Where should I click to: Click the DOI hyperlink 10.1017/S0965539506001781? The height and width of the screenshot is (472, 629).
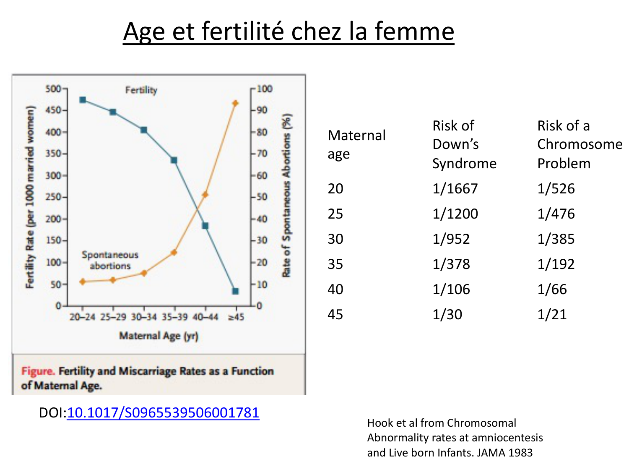coord(163,413)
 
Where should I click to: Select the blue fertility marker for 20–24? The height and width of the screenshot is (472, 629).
coord(83,100)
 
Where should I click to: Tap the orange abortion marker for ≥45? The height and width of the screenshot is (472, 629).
coord(236,103)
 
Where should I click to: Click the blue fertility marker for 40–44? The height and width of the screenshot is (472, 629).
coord(205,226)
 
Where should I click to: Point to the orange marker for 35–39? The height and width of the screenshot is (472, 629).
coord(174,253)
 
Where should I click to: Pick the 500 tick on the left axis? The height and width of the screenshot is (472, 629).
coord(53,89)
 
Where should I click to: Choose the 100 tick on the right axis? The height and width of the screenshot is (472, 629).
coord(265,89)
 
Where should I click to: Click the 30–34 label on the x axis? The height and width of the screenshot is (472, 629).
coord(144,317)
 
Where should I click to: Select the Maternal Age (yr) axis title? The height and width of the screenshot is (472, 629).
coord(159,336)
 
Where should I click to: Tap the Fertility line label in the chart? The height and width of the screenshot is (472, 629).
coord(141,90)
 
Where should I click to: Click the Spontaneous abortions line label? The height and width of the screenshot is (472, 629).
coord(110,260)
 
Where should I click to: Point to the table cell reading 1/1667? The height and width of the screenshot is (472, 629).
coord(455,189)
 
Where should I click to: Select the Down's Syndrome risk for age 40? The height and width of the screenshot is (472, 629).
coord(451,289)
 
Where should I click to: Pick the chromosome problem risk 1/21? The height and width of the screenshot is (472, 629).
coord(552,315)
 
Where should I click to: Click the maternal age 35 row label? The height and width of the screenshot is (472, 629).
coord(335,264)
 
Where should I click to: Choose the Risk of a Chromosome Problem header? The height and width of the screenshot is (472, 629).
coord(580,144)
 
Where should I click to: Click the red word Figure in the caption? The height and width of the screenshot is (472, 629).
coord(38,371)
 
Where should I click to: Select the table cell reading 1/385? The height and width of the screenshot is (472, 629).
coord(556,239)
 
